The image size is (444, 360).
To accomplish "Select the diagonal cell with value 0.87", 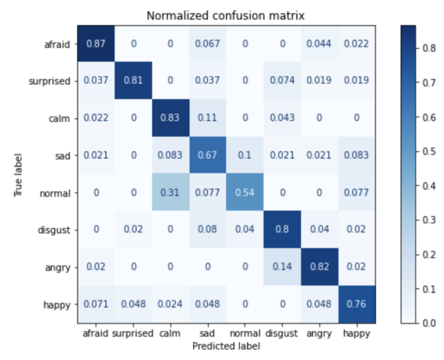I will pyautogui.click(x=96, y=43).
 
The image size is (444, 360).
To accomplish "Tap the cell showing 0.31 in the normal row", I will pyautogui.click(x=170, y=193).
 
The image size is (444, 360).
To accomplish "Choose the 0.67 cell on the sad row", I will pyautogui.click(x=207, y=155).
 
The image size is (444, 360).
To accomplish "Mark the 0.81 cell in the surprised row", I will pyautogui.click(x=133, y=81).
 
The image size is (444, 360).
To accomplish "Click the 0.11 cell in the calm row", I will pyautogui.click(x=207, y=118).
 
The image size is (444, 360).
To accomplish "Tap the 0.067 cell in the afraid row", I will pyautogui.click(x=207, y=43).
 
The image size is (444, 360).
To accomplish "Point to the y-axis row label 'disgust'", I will pyautogui.click(x=55, y=231).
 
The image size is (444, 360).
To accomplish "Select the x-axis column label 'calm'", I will pyautogui.click(x=170, y=333).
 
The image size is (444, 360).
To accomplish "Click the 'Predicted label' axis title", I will pyautogui.click(x=226, y=346).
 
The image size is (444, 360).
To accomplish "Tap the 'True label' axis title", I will pyautogui.click(x=19, y=175).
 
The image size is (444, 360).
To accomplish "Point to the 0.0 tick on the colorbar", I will pyautogui.click(x=428, y=323).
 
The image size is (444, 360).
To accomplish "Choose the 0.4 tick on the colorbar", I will pyautogui.click(x=428, y=186).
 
